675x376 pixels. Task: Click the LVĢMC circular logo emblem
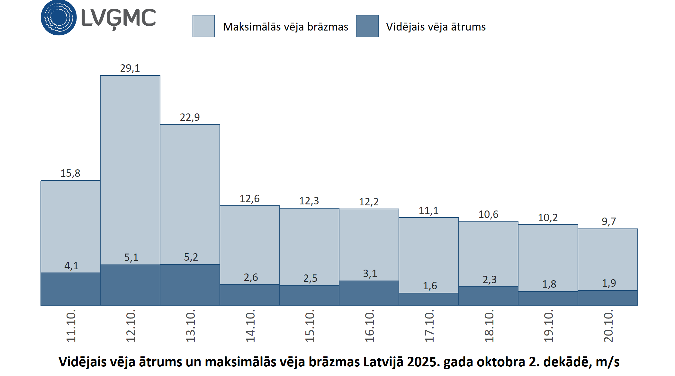click(x=59, y=17)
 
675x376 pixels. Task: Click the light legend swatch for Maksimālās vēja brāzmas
click(x=204, y=26)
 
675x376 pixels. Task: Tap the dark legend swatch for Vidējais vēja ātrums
click(x=367, y=26)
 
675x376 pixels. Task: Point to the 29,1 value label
click(x=130, y=68)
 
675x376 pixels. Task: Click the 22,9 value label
click(x=190, y=117)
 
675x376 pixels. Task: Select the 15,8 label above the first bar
click(x=70, y=173)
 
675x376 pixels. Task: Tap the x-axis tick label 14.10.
click(x=250, y=326)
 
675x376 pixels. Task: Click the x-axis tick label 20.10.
click(x=608, y=326)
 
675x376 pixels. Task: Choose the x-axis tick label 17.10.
click(x=429, y=326)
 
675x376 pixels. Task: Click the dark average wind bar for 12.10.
click(x=130, y=285)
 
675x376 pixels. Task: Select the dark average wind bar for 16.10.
click(x=369, y=293)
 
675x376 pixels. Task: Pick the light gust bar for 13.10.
click(x=190, y=193)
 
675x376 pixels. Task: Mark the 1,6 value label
click(x=430, y=286)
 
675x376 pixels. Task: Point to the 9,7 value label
click(x=609, y=221)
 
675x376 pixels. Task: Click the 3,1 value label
click(x=370, y=273)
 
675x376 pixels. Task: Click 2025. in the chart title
click(x=424, y=362)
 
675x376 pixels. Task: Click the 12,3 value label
click(x=309, y=201)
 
